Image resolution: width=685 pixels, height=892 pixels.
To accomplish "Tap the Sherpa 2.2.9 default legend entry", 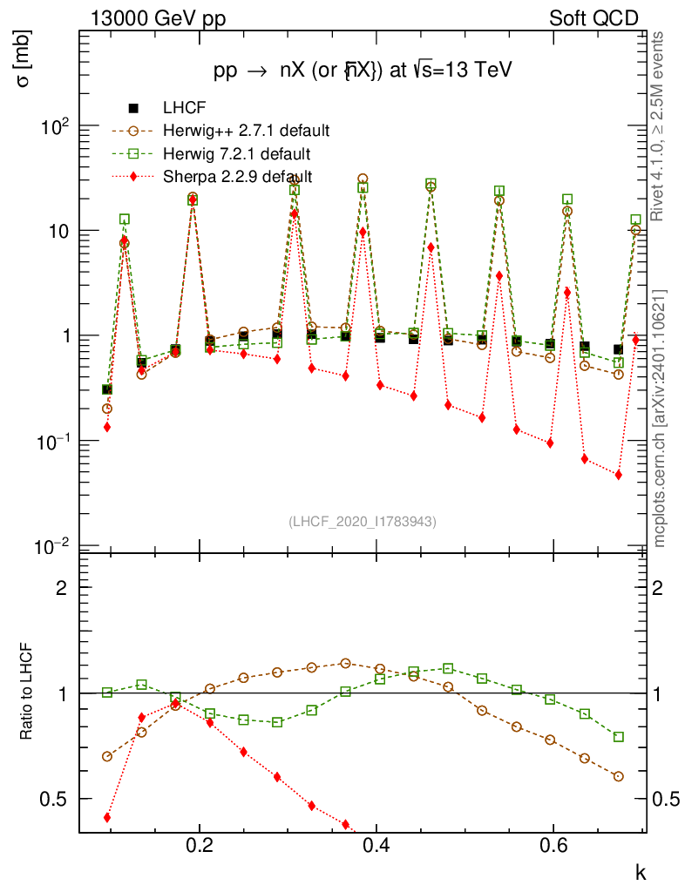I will point(238,177).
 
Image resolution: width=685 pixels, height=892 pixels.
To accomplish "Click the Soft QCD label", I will point(593,18).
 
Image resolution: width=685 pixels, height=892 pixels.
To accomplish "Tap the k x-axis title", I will point(639,872).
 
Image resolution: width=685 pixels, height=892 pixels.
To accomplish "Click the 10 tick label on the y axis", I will point(58,232).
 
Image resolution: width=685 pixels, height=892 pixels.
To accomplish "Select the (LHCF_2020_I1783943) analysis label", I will point(362,521).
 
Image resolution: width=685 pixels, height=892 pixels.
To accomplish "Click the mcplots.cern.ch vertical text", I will point(661,419).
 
